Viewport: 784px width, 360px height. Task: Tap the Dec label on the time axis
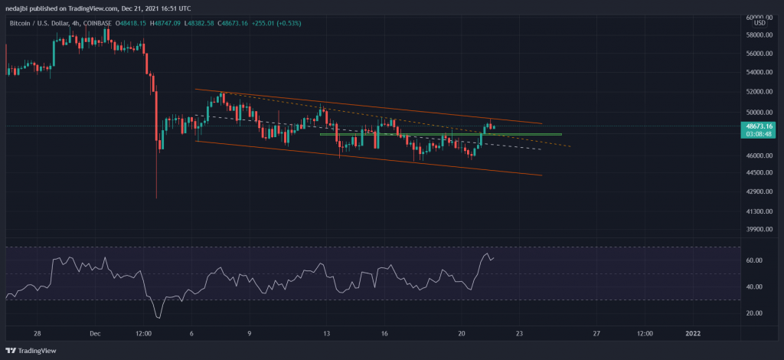[x=95, y=334]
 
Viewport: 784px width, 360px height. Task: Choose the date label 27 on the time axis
[x=596, y=334]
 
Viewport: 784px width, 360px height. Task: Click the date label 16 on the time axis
[x=384, y=334]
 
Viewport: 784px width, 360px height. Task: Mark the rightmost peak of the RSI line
[x=488, y=254]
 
